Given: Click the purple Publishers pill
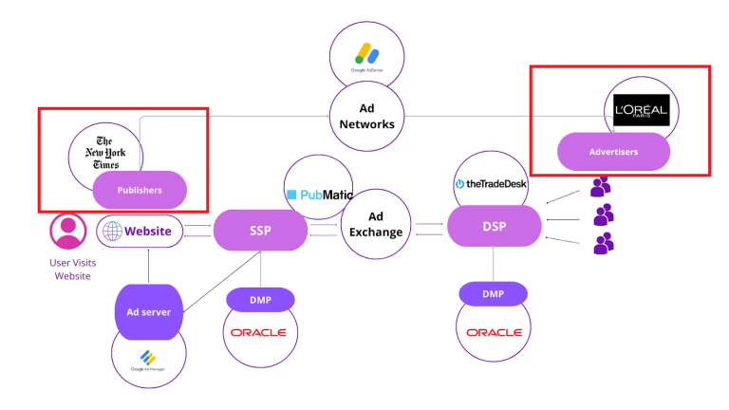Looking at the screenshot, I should [x=140, y=190].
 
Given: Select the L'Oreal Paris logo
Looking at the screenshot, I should [x=641, y=110].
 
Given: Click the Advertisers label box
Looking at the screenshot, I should [x=613, y=151].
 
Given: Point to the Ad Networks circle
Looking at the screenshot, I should [x=367, y=117].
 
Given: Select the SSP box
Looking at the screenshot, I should [x=260, y=231].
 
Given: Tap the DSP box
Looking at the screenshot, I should [x=494, y=227].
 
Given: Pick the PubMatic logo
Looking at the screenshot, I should [x=318, y=195].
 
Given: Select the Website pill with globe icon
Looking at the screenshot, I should [x=140, y=231].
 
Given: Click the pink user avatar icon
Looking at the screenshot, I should [x=67, y=231].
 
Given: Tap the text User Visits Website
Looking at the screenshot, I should [x=72, y=269].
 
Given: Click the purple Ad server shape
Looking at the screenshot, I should [x=148, y=311].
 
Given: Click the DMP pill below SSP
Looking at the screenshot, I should [x=260, y=299].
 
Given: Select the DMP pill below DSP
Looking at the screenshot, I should [x=493, y=294].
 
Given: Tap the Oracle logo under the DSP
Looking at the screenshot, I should [x=493, y=332].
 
